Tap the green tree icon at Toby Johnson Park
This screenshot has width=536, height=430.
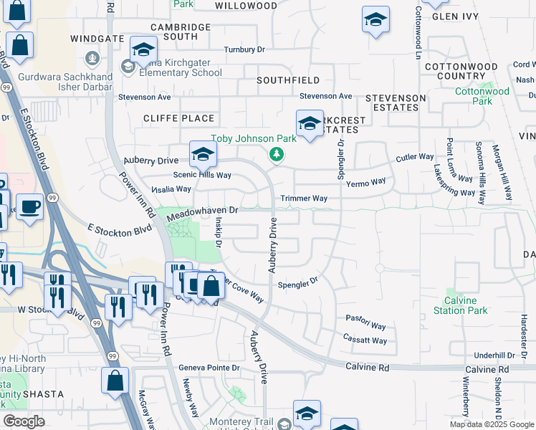pyautogui.click(x=275, y=154)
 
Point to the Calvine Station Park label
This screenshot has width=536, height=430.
pyautogui.click(x=461, y=305)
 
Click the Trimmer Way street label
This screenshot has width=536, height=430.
pyautogui.click(x=304, y=198)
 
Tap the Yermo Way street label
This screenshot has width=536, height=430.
pyautogui.click(x=366, y=183)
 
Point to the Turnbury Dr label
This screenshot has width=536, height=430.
pyautogui.click(x=244, y=49)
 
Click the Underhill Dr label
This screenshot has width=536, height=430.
pyautogui.click(x=494, y=355)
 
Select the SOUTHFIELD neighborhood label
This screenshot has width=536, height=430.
pyautogui.click(x=288, y=81)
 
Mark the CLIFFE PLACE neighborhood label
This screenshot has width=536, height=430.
pyautogui.click(x=178, y=118)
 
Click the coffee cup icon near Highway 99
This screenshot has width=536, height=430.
pyautogui.click(x=29, y=207)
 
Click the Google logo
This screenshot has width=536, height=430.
pyautogui.click(x=24, y=421)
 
